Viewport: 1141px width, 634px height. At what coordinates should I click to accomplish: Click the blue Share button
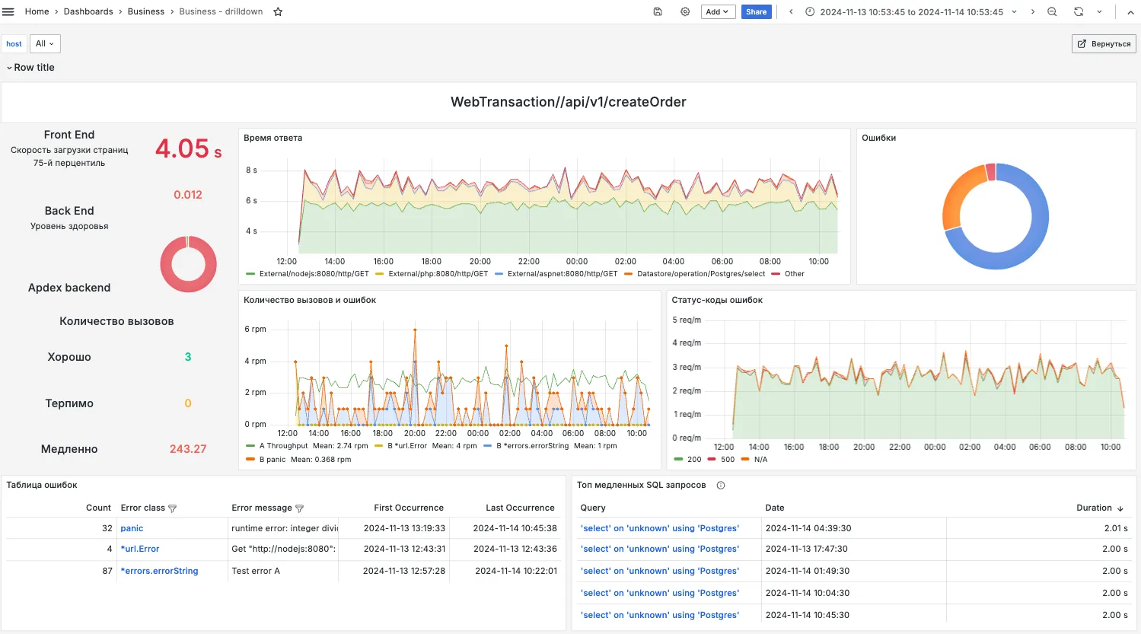[x=756, y=11]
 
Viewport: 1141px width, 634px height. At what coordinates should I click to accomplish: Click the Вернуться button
[x=1104, y=44]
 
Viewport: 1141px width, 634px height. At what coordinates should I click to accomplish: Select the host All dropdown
[x=45, y=44]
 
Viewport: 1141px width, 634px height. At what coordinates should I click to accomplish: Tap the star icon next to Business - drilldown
[x=278, y=11]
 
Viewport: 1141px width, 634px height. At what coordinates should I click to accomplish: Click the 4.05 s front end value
[x=189, y=148]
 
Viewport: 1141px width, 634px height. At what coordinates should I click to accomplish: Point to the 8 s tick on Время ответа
[x=252, y=170]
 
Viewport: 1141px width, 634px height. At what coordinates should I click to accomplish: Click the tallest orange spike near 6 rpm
[x=415, y=330]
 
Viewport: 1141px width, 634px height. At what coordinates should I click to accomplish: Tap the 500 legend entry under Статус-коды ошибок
[x=722, y=460]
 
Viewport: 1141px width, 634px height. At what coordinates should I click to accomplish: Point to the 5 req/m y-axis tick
[x=686, y=320]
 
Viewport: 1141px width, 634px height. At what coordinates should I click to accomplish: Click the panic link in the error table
[x=132, y=528]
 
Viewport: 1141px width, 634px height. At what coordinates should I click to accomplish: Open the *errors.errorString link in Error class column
[x=159, y=571]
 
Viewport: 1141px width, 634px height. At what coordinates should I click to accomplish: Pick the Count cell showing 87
[x=107, y=571]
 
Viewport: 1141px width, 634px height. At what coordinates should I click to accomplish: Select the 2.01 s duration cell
[x=1116, y=528]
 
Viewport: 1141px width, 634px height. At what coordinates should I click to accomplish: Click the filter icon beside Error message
[x=299, y=508]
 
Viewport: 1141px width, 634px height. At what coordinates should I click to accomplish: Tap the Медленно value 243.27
[x=188, y=448]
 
